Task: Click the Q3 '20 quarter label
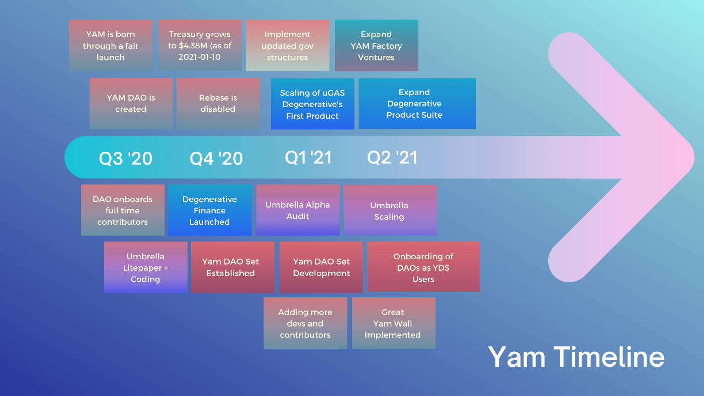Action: [x=125, y=158]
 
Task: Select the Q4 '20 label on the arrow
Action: [x=216, y=159]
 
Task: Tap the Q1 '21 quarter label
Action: [x=308, y=157]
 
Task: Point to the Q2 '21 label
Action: [x=392, y=157]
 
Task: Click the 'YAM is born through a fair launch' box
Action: [x=111, y=45]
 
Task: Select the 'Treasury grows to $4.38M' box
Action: [x=200, y=45]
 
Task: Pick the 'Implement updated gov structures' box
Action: [x=288, y=45]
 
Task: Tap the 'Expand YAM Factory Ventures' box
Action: [x=376, y=45]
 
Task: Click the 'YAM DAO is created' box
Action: [x=131, y=103]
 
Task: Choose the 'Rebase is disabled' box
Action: [x=218, y=103]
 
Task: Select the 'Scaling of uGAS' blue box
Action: [x=312, y=104]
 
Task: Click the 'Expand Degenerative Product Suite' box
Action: [x=416, y=103]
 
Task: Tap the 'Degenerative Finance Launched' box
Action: [x=210, y=210]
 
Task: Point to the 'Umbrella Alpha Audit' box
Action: [x=298, y=210]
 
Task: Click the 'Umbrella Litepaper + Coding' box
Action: [x=145, y=267]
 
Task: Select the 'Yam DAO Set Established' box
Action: [x=232, y=267]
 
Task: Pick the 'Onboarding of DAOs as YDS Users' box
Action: [x=423, y=267]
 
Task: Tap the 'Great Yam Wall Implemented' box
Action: [x=393, y=323]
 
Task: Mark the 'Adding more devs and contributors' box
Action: [x=305, y=323]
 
